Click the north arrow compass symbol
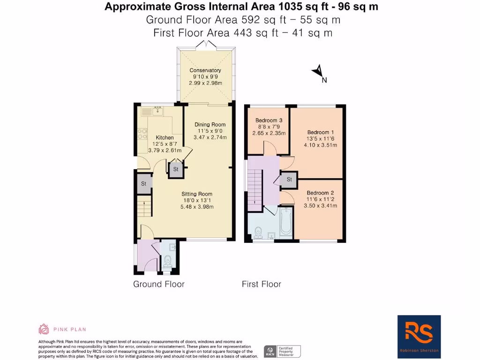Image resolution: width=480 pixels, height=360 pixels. pyautogui.click(x=318, y=72)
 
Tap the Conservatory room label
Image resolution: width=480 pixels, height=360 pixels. pyautogui.click(x=205, y=70)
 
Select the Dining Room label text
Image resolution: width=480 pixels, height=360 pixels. pyautogui.click(x=210, y=124)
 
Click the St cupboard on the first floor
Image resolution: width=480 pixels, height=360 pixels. pyautogui.click(x=289, y=179)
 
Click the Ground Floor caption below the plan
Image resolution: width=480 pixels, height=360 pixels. pyautogui.click(x=158, y=284)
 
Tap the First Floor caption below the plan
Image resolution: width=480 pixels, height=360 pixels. pyautogui.click(x=261, y=284)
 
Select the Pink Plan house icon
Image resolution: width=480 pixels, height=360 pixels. pyautogui.click(x=44, y=329)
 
